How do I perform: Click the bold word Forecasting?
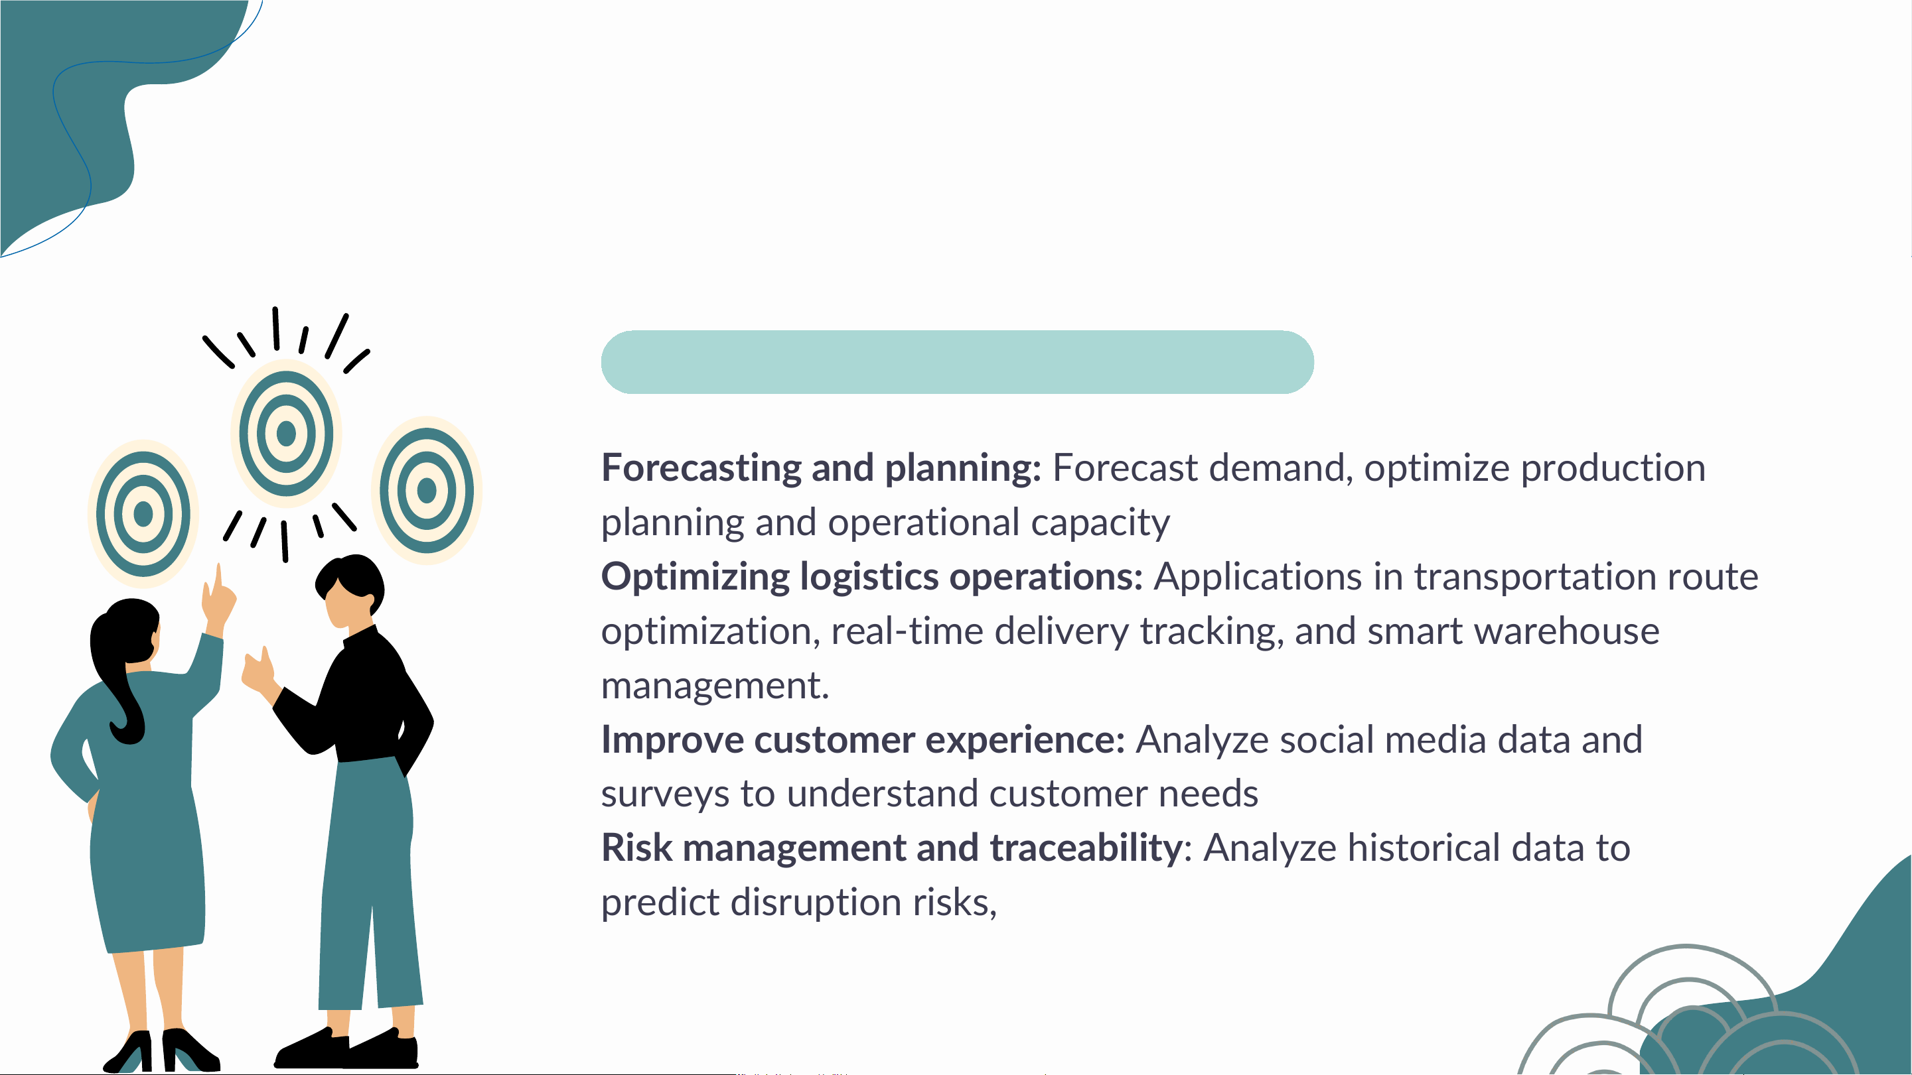coord(700,469)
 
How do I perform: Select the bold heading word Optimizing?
coord(695,577)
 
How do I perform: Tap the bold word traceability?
coord(1086,848)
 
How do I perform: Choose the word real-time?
coord(907,631)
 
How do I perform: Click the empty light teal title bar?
coord(958,362)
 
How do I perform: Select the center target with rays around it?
coord(286,433)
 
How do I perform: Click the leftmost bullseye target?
coord(143,513)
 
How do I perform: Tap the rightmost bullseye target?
coord(427,490)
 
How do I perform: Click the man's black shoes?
coord(346,1048)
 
